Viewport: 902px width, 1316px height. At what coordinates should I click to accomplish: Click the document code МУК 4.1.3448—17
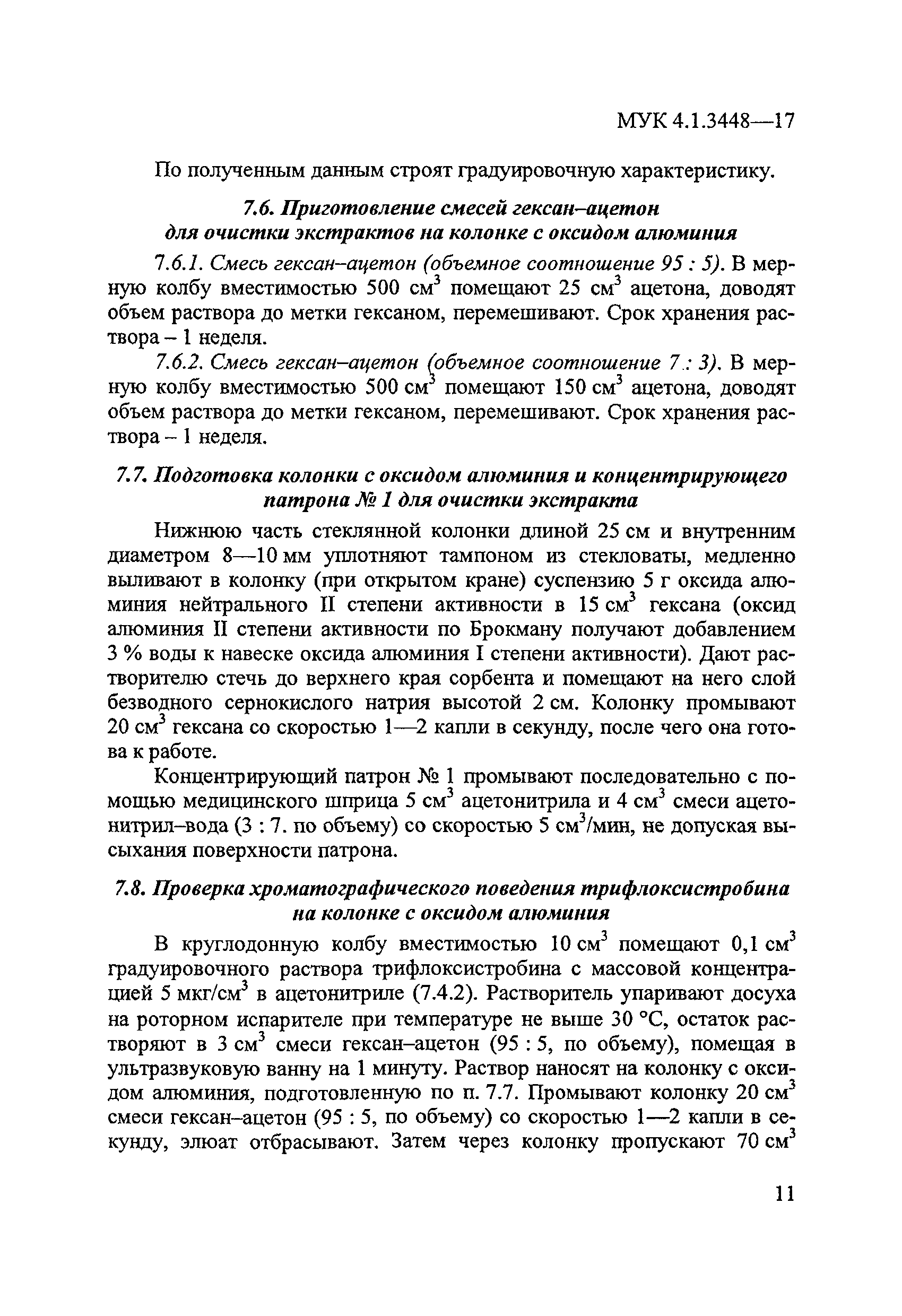pyautogui.click(x=706, y=121)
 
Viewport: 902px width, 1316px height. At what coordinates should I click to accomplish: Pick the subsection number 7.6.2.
pyautogui.click(x=178, y=362)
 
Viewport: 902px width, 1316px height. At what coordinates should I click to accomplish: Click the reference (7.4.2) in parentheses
pyautogui.click(x=445, y=995)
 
